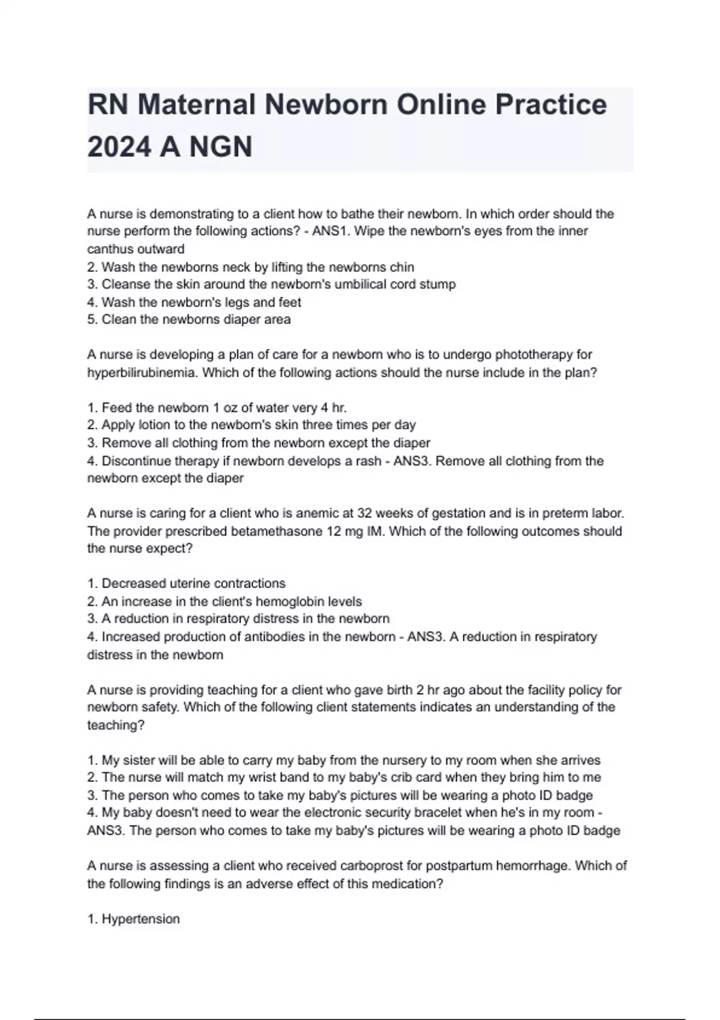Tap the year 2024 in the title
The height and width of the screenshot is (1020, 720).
point(119,147)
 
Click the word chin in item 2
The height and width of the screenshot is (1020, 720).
point(401,267)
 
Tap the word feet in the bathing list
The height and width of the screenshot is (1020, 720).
point(289,302)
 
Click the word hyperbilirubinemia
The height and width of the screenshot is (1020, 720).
point(142,373)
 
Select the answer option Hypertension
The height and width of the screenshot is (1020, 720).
point(140,919)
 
